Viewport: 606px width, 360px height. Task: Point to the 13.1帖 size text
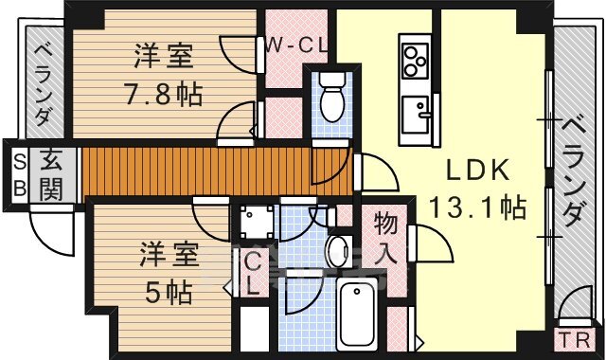point(477,207)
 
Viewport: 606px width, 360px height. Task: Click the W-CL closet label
point(295,45)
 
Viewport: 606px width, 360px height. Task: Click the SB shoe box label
point(18,173)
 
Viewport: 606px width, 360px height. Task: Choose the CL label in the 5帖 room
point(254,276)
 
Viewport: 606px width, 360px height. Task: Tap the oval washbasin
point(337,252)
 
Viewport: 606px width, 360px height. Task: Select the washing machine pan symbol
point(256,225)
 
